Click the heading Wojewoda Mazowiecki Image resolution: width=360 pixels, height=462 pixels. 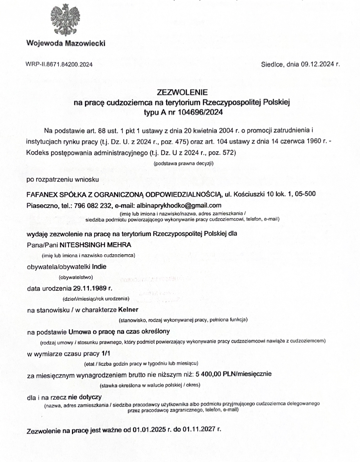pos(66,43)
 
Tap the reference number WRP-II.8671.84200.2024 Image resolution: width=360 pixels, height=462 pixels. pos(59,64)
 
